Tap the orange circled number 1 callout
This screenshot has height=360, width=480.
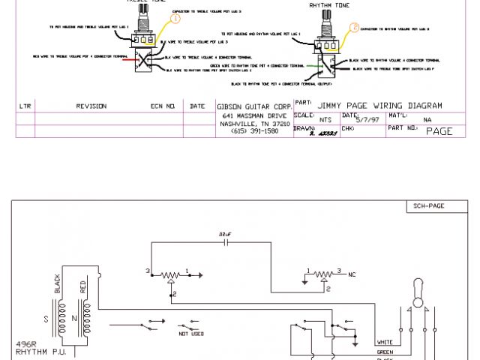tap(176, 20)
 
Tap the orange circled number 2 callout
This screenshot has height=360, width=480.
tap(354, 28)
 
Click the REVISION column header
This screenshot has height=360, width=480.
tap(91, 106)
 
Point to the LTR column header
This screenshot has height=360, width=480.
tap(25, 106)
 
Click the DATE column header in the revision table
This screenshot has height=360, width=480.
tap(197, 106)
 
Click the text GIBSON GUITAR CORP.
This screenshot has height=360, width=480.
tap(254, 106)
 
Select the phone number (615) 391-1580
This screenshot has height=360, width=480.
tap(254, 130)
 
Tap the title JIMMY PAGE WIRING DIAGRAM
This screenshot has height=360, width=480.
tap(380, 105)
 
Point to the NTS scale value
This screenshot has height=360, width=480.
tap(325, 119)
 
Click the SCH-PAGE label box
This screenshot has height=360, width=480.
tap(430, 205)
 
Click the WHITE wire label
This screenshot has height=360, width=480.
tap(385, 341)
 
